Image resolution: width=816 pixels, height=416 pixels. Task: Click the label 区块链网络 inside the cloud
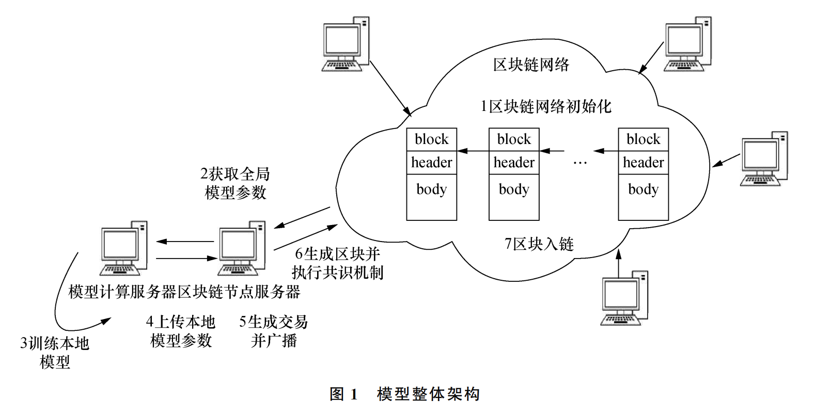(531, 65)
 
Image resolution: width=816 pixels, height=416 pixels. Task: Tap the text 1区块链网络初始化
(545, 107)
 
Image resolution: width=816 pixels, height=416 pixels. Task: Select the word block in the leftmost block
(431, 139)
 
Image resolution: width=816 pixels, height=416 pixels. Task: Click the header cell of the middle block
(514, 163)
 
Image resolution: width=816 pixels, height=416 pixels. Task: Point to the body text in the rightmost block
(643, 189)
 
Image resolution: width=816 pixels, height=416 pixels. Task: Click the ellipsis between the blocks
(580, 164)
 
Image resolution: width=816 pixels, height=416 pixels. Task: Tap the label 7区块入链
(539, 244)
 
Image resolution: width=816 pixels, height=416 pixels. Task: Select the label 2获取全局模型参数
(235, 183)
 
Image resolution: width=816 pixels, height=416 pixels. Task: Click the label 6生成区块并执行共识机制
(337, 263)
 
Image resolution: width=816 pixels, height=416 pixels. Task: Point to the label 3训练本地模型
(55, 352)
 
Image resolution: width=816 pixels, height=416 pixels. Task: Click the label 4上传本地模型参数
(181, 331)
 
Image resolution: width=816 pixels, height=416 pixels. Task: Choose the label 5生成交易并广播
(274, 331)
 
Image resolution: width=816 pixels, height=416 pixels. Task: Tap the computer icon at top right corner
(687, 44)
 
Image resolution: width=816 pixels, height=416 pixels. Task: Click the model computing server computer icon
(124, 248)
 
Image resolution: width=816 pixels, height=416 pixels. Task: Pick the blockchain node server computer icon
(241, 248)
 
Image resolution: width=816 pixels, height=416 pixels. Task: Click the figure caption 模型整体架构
(428, 394)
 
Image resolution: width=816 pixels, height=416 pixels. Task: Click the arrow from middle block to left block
(473, 151)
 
